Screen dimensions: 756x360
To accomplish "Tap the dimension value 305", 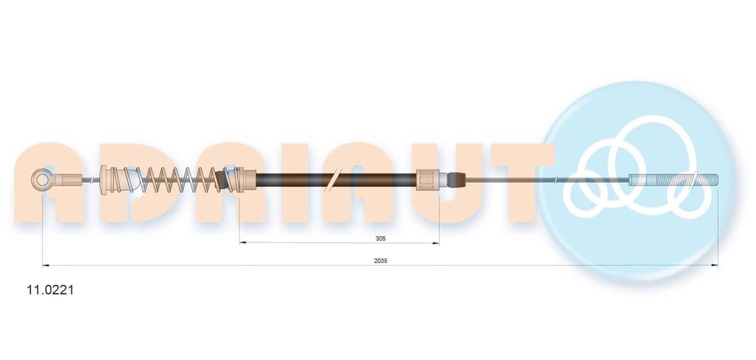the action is coord(381,238).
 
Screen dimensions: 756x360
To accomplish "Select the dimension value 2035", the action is coord(380,261).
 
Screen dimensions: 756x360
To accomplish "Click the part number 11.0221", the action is coord(50,290).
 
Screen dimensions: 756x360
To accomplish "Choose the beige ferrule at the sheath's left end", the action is coord(246,180).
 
